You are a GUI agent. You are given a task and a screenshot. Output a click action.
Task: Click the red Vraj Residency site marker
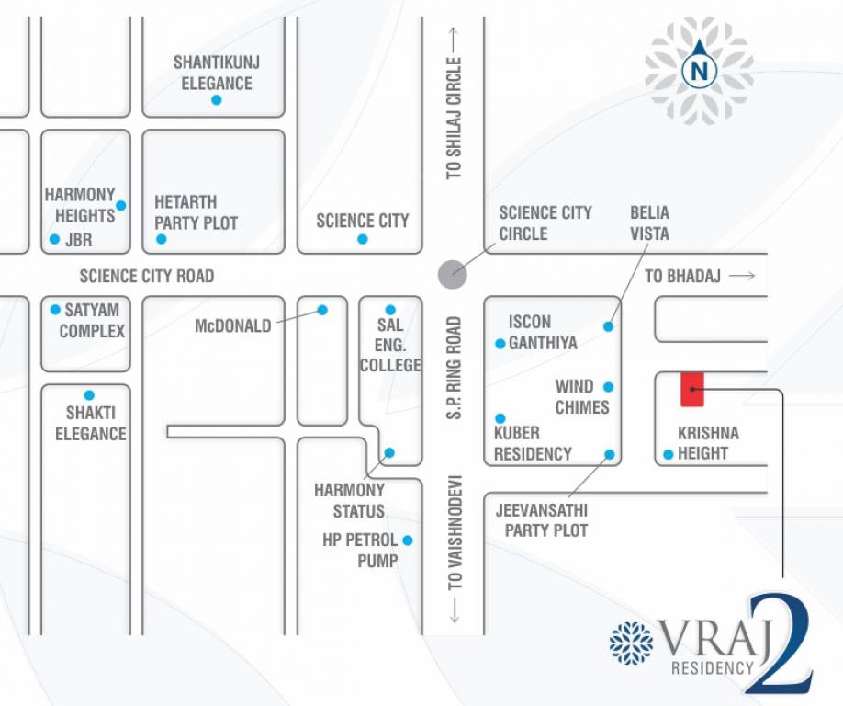coord(691,390)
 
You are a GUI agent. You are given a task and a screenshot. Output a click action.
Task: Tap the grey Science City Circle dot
coord(451,273)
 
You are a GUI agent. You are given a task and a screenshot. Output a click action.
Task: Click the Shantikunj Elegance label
coord(217,73)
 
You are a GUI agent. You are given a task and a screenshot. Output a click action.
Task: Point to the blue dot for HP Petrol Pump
coord(407,541)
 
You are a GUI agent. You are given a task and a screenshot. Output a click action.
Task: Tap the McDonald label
coord(233,325)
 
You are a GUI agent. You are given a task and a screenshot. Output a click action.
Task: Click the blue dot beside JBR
coord(54,240)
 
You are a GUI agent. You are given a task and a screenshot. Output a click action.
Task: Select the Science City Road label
coord(147,276)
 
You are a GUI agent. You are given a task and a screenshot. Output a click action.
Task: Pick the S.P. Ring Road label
coord(454,369)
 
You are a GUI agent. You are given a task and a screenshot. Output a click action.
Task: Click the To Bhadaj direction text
coord(682,276)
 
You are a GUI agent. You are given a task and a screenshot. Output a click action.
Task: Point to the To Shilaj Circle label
coord(454,119)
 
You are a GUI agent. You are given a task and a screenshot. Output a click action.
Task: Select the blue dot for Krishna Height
coord(669,454)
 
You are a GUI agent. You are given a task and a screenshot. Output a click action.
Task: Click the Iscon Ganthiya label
coord(543,332)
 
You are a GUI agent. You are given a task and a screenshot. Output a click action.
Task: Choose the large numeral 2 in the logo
coord(780,643)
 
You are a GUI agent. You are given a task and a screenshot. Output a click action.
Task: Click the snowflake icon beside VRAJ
coord(631,642)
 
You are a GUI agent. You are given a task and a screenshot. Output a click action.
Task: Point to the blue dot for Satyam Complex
coord(55,310)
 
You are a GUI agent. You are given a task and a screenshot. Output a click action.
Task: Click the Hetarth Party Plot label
coord(196,212)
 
